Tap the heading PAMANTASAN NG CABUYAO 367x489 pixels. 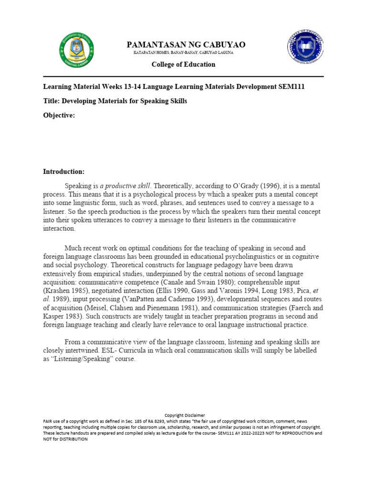point(186,44)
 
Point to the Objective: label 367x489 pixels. point(59,115)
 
